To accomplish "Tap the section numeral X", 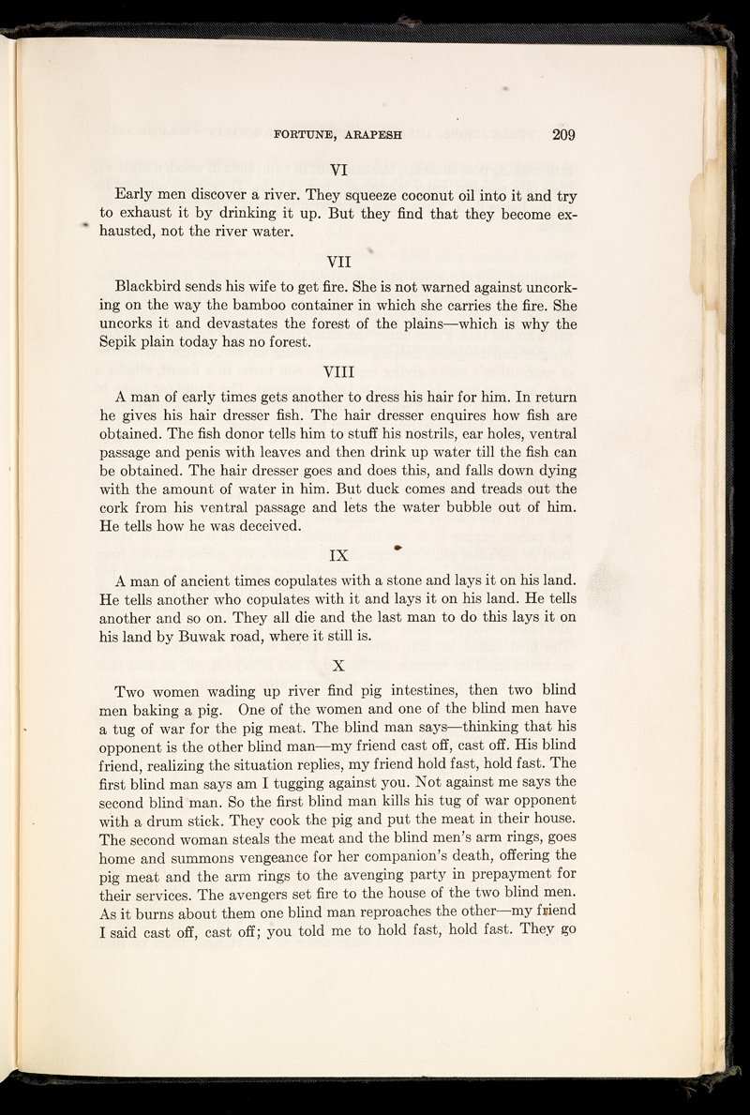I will point(339,667).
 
